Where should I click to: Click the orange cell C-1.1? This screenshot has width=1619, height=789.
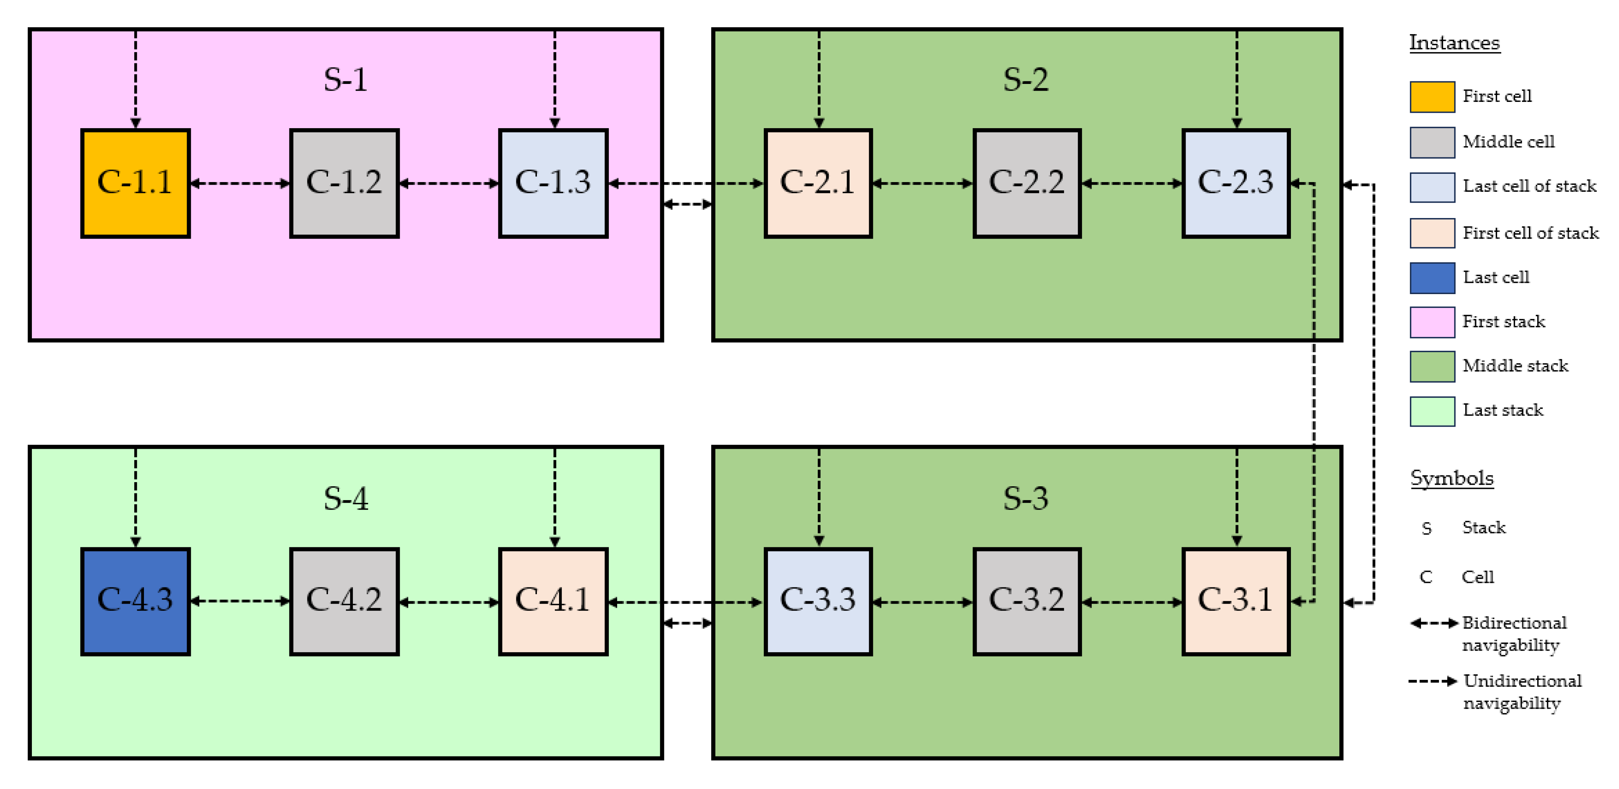click(x=135, y=184)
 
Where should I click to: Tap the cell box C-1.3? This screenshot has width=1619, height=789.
click(x=553, y=184)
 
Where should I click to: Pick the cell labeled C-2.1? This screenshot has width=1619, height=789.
click(x=818, y=184)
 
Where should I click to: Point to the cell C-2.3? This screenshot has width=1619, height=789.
click(x=1235, y=184)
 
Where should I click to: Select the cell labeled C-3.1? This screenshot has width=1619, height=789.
click(x=1235, y=601)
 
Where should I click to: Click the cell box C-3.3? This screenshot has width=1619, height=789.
click(x=818, y=601)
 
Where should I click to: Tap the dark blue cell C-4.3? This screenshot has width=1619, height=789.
click(x=135, y=601)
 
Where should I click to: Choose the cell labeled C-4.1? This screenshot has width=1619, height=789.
click(x=553, y=601)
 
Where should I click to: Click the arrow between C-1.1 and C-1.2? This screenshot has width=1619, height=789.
click(x=240, y=184)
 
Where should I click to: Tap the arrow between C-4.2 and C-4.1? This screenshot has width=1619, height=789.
click(x=449, y=602)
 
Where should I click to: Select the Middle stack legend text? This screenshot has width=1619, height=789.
click(x=1515, y=366)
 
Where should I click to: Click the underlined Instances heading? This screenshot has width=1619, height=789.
click(x=1454, y=43)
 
